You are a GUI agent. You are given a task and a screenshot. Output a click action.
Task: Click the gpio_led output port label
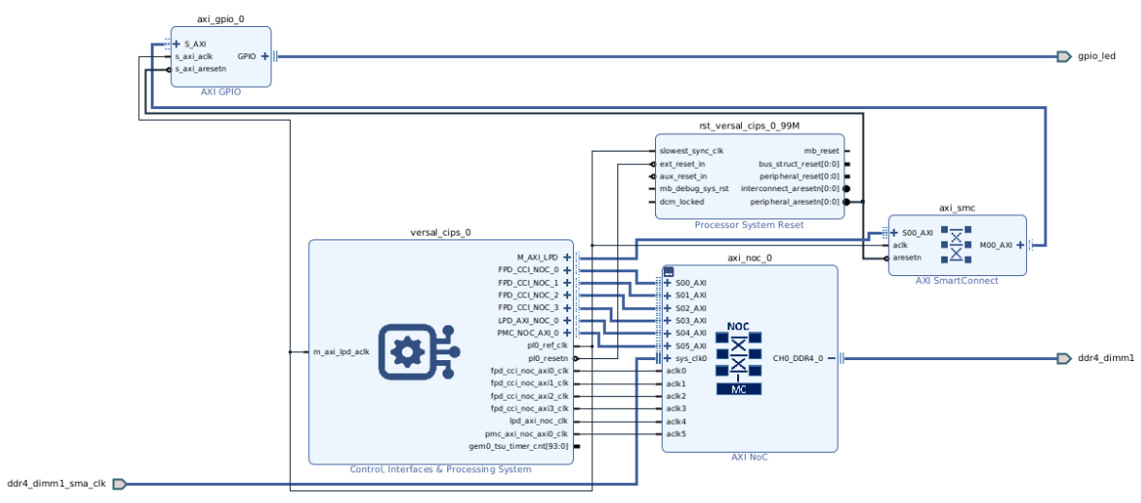coord(1097,56)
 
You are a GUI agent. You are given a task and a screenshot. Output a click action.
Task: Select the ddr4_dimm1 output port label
coord(1105,358)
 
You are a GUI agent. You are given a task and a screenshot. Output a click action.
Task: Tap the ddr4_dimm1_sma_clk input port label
coord(56,484)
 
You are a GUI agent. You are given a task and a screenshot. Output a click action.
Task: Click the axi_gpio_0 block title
coord(221,19)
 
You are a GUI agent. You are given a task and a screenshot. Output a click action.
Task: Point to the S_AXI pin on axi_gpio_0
coord(195,43)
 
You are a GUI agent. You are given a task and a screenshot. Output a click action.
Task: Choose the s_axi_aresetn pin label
coord(200,69)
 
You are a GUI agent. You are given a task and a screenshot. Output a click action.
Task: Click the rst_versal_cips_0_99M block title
coord(749,126)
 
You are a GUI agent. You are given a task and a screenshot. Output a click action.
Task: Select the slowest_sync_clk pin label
coord(691,151)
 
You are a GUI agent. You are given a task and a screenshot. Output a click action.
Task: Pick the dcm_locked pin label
coord(681,202)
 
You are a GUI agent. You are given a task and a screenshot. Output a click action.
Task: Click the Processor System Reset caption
coord(749,225)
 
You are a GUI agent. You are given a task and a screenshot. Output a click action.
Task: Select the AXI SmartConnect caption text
coord(956,281)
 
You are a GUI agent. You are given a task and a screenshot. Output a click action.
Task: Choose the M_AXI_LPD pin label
coord(537,257)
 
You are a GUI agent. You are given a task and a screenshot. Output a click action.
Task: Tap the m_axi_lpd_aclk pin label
coord(341,351)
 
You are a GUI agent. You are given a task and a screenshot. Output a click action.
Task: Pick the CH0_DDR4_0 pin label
coord(798,358)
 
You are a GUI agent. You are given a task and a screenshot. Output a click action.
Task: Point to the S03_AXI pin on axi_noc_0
coord(691,320)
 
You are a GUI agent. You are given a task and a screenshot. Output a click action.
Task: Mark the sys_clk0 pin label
coord(691,357)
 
